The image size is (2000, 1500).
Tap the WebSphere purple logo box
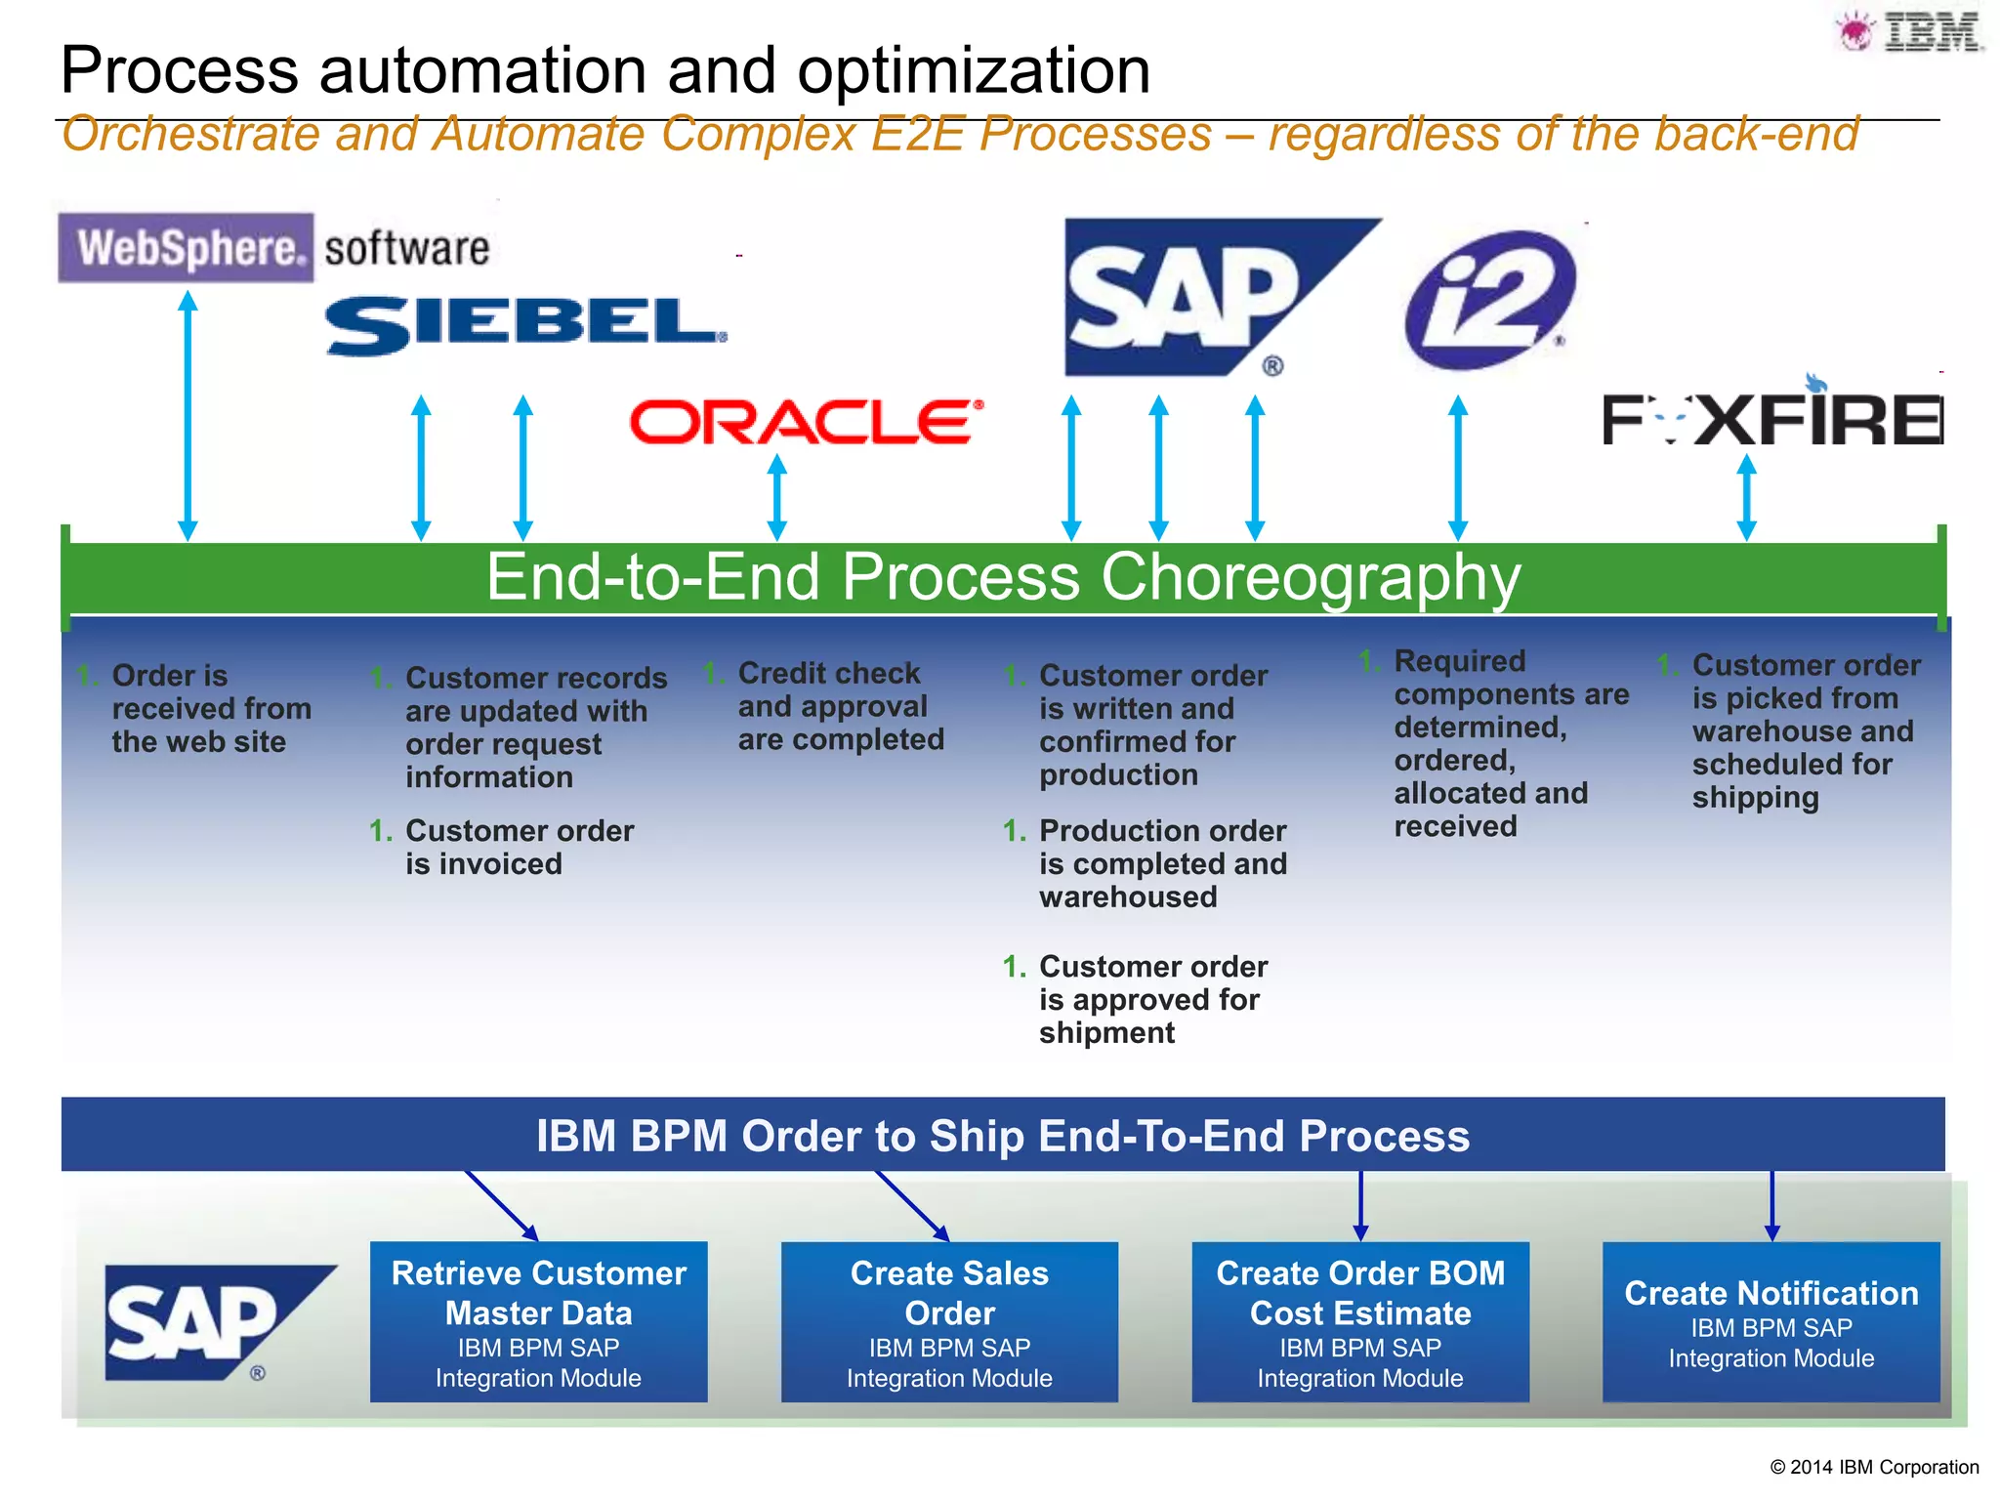(187, 248)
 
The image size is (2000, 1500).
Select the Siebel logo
(525, 325)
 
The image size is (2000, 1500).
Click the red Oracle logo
(805, 422)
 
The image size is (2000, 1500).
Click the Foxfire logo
(1771, 418)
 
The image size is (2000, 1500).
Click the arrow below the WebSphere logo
(188, 415)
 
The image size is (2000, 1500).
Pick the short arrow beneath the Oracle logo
(777, 496)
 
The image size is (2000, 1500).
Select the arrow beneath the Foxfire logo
(1747, 496)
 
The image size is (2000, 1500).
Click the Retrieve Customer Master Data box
(538, 1321)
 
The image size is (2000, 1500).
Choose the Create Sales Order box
(949, 1321)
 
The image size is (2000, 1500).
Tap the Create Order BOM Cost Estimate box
(1360, 1321)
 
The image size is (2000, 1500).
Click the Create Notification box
(1771, 1321)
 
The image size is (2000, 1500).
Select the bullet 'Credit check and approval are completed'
(840, 706)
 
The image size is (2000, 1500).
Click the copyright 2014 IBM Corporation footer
(1873, 1467)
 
